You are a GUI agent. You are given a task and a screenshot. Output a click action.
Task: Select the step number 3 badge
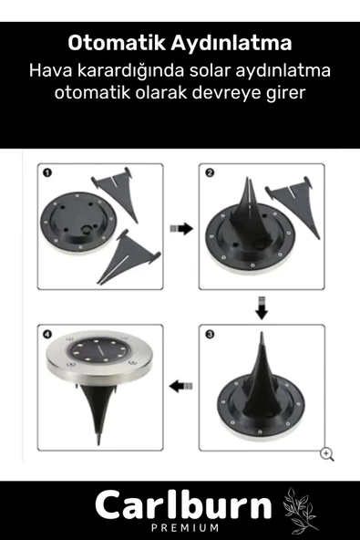[210, 335]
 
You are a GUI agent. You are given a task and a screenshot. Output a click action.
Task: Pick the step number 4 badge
[46, 335]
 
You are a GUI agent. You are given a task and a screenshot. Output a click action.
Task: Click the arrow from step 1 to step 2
[181, 229]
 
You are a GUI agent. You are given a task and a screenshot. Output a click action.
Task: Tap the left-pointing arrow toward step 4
[181, 387]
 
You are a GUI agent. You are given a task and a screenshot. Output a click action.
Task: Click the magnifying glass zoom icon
[326, 453]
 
